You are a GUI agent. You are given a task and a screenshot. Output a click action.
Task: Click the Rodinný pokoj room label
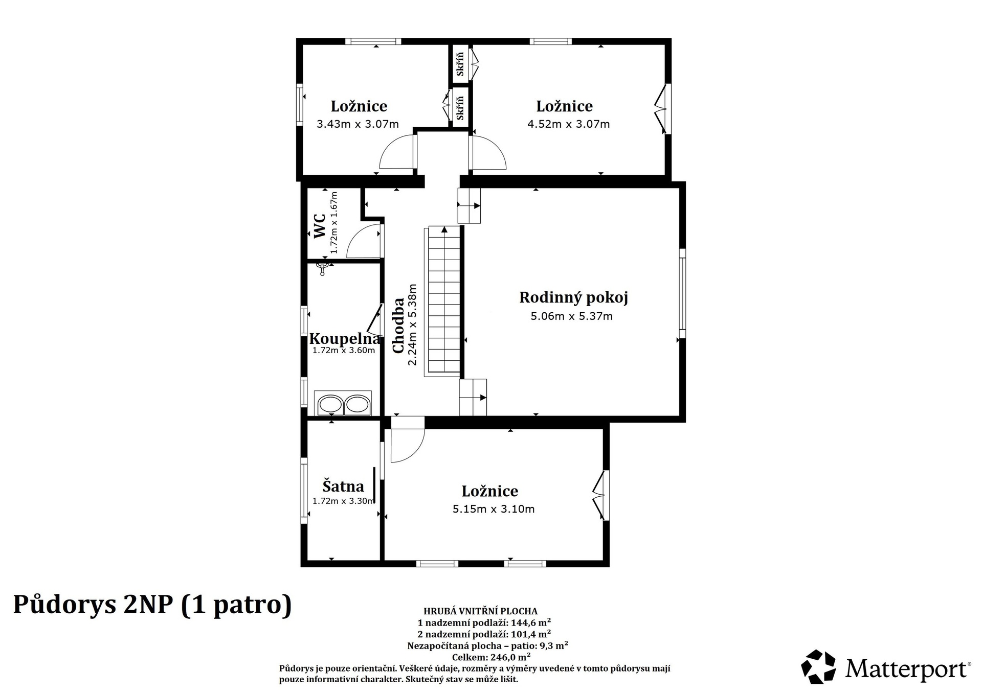pos(573,297)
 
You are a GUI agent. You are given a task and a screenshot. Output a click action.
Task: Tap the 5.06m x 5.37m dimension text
pos(571,316)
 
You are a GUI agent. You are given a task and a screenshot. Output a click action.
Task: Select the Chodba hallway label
pos(398,325)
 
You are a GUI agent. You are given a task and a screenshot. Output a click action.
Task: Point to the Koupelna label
pos(345,339)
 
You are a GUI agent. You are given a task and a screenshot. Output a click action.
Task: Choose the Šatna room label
pos(343,486)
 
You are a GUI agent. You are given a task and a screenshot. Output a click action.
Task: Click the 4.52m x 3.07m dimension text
pos(568,124)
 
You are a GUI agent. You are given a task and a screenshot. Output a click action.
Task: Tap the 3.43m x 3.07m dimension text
pos(358,124)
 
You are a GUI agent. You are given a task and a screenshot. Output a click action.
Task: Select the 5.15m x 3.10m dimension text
pos(494,510)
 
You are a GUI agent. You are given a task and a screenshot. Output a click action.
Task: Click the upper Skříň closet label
pos(460,64)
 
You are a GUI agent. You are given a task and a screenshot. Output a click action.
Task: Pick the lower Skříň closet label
pos(460,108)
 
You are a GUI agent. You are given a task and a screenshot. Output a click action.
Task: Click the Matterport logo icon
pos(818,667)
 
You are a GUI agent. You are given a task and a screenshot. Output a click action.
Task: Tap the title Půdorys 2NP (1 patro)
pos(152,605)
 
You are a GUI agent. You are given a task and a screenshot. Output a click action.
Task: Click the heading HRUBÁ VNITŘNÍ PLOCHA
pos(480,611)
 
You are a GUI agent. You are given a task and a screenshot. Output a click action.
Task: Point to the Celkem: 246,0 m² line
pos(491,657)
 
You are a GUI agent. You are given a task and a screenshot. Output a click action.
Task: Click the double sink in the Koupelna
pos(343,404)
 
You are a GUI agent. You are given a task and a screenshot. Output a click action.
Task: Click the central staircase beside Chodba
pos(444,301)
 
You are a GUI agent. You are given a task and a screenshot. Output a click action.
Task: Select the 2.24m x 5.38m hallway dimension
pos(412,325)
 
